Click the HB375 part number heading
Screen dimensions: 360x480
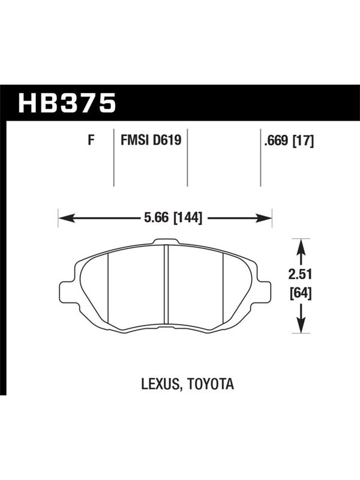coord(67,103)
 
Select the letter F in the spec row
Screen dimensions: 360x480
coord(91,140)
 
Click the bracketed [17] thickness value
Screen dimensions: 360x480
coord(304,141)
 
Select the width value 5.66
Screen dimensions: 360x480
coord(156,218)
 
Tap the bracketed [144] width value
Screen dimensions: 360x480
coord(188,218)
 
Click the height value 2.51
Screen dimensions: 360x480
coord(300,275)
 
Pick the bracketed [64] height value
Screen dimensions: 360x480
coord(301,293)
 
